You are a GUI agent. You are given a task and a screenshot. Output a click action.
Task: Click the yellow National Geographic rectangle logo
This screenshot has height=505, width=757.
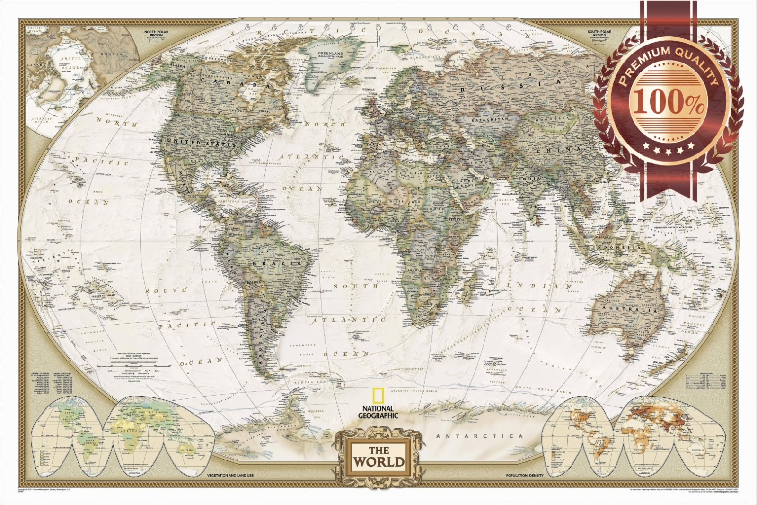coord(378,396)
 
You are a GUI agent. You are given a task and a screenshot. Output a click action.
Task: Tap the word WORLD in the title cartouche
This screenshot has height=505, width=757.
coord(379,461)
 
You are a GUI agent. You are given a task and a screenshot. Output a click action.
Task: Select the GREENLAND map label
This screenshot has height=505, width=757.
coord(330,54)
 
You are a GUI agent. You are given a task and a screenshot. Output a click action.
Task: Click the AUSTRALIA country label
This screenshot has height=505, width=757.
coord(630,309)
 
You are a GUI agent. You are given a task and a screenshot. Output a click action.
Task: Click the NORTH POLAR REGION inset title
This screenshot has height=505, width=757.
coord(156,34)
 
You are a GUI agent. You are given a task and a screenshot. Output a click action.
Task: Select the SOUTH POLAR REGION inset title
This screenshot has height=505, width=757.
coord(599,34)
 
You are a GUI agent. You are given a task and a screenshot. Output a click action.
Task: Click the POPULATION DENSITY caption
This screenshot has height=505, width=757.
coord(525,475)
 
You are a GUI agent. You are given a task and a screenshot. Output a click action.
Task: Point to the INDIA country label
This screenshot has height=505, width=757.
coord(529,179)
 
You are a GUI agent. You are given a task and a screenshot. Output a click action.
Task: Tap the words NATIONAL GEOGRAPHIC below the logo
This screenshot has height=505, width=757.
coord(378,412)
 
